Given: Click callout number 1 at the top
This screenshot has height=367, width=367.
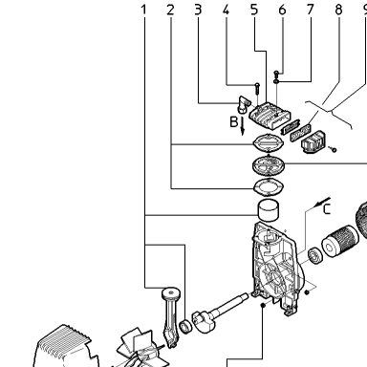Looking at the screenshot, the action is point(144,10).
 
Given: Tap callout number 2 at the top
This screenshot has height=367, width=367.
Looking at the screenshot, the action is point(171,10).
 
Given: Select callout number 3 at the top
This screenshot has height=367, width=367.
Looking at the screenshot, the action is point(198,10).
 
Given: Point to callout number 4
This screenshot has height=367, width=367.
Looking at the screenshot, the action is point(226,10).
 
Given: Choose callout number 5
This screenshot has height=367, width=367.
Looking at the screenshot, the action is point(254,10).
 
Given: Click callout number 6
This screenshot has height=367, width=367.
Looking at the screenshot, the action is point(282,10).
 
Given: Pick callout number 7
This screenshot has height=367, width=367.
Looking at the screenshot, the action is point(311,10).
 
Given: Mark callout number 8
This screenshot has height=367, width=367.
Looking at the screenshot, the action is point(338,10).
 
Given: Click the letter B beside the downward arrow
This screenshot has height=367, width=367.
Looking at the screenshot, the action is point(234,121).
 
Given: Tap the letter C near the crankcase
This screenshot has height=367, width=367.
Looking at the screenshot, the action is point(327,209).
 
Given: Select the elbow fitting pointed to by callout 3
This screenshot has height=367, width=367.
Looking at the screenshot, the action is point(243,104).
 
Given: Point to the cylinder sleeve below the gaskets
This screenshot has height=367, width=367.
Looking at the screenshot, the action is point(268,209).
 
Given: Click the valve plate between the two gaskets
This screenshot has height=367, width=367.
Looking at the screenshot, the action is point(268,165).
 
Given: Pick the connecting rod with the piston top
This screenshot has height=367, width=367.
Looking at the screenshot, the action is point(170,316).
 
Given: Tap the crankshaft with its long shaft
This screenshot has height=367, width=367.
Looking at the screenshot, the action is point(220,313).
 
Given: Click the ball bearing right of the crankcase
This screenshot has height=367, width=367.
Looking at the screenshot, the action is point(315,256).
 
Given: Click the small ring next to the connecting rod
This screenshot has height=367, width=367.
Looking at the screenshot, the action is point(185,327).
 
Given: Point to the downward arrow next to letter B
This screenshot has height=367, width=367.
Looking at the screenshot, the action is point(243,126).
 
